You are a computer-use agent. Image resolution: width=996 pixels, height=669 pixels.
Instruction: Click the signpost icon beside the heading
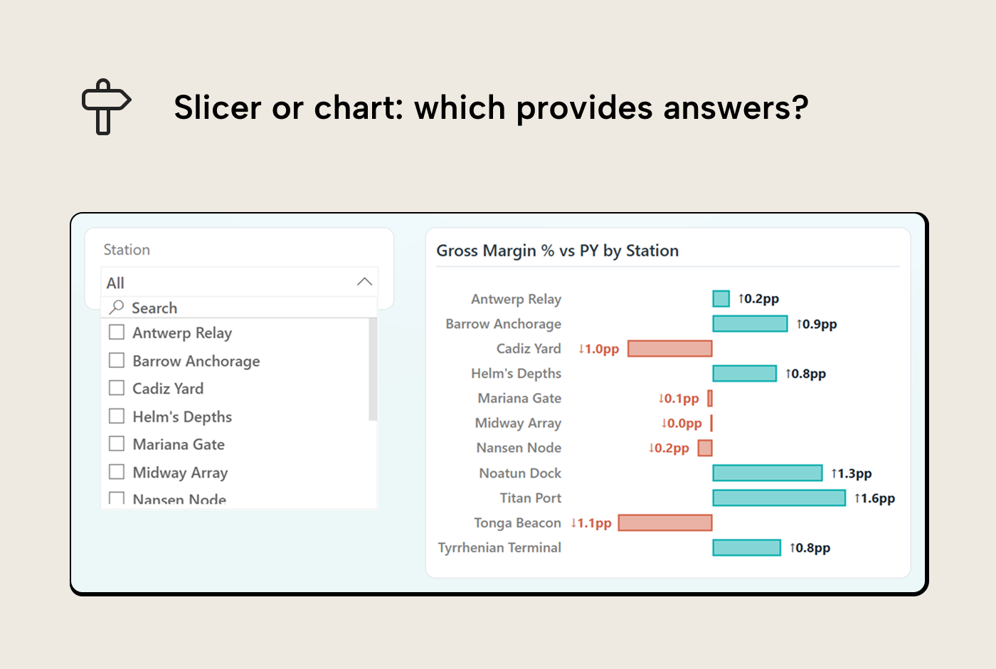(x=105, y=107)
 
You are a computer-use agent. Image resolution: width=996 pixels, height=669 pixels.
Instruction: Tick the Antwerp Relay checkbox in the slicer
(x=117, y=332)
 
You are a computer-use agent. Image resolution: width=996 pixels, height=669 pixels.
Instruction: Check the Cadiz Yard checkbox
(x=117, y=388)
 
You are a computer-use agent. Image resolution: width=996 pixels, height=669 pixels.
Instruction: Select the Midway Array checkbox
(x=117, y=472)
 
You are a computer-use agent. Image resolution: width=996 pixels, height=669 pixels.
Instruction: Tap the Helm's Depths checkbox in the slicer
(x=117, y=416)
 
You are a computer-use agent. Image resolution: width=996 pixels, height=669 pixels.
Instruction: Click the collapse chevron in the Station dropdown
(x=364, y=282)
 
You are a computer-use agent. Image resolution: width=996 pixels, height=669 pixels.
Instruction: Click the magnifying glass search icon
(x=117, y=307)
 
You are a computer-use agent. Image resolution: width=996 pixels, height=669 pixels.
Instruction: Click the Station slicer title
(x=127, y=250)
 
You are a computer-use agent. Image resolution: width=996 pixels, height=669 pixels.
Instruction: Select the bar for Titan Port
(x=778, y=498)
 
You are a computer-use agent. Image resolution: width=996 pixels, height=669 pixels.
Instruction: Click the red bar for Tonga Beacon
(x=665, y=523)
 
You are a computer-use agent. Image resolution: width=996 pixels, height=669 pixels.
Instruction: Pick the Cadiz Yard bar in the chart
(x=669, y=349)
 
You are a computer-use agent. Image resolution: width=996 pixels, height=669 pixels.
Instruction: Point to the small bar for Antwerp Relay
(x=721, y=299)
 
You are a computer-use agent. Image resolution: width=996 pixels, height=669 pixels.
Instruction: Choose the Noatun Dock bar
(x=767, y=473)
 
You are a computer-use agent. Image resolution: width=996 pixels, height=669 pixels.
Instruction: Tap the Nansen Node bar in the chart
(x=705, y=448)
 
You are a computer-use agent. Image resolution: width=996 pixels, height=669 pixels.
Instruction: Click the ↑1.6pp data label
(x=874, y=498)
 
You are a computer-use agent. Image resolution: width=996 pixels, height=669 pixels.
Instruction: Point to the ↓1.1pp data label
(x=591, y=523)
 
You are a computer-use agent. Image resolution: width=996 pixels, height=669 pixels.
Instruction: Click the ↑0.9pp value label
(x=816, y=324)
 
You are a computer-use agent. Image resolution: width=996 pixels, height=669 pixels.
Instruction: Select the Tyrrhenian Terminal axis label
(x=499, y=548)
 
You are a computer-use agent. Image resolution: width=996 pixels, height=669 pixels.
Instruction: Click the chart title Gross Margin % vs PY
(x=557, y=251)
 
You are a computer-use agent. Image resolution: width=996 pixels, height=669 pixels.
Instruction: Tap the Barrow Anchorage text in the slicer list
(x=196, y=361)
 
